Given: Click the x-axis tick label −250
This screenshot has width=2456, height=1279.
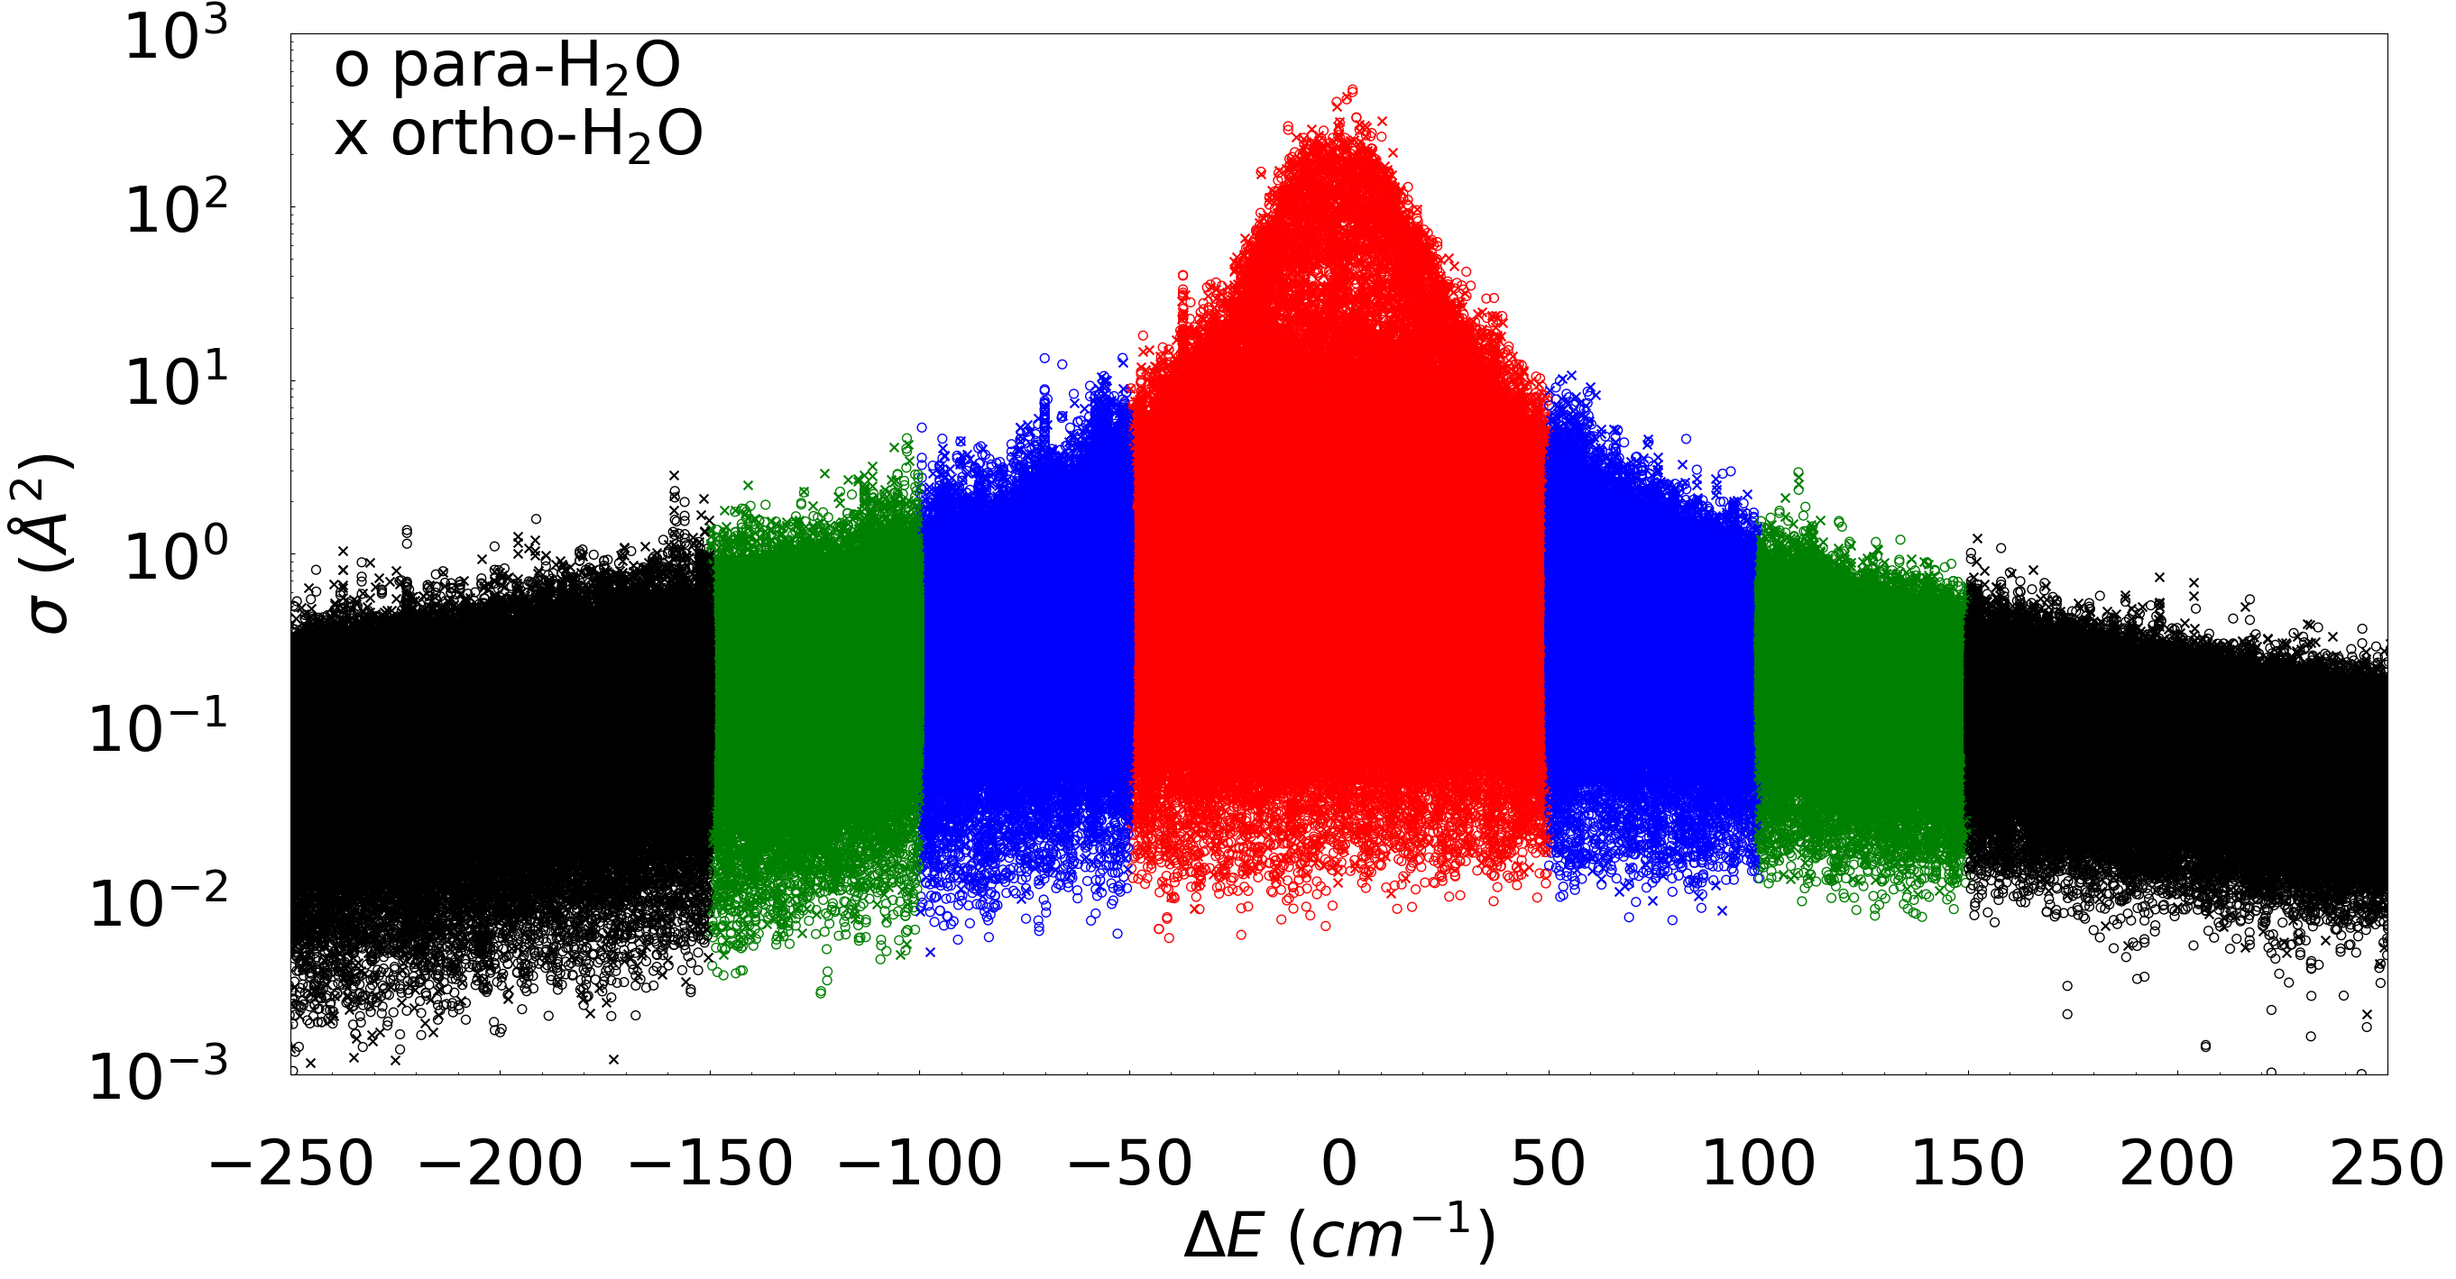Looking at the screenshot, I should click(290, 1164).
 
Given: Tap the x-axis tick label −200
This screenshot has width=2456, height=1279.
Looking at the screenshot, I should click(501, 1164).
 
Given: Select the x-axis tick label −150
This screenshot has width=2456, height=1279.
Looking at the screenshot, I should click(711, 1164).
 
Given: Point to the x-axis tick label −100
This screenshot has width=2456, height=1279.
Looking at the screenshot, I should click(920, 1164).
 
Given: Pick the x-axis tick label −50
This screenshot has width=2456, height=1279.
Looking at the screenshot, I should click(1130, 1164).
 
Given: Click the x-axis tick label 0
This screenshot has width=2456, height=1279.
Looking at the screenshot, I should click(1338, 1164).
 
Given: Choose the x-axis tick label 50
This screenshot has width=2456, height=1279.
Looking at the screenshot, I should click(1549, 1164).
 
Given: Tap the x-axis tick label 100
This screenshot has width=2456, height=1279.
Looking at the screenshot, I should click(1758, 1164).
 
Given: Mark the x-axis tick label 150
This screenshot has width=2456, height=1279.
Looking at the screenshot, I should click(1968, 1164).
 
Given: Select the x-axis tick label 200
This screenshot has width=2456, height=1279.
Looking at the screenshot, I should click(2176, 1164).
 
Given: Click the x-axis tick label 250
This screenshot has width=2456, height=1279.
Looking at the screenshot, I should click(2387, 1164).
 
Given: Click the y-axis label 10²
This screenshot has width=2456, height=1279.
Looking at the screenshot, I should click(177, 209).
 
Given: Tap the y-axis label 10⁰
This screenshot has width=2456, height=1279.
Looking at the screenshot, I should click(177, 554).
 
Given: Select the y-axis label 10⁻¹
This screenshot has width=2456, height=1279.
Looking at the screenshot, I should click(158, 728).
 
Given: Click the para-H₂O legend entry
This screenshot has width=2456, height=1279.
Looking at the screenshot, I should click(507, 67).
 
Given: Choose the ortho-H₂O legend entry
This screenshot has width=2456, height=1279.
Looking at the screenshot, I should click(518, 134).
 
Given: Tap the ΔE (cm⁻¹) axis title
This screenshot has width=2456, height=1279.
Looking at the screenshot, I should click(1338, 1236).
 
